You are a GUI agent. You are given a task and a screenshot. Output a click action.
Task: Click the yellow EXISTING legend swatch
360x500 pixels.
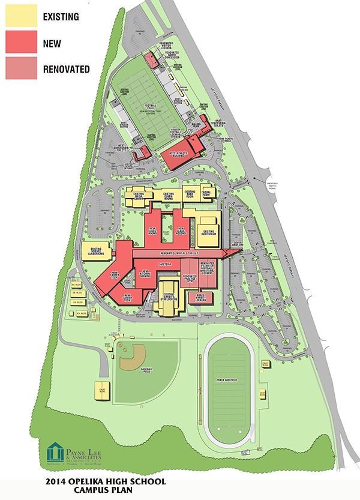coord(21,17)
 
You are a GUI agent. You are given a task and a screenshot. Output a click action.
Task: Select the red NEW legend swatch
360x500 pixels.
coord(21,43)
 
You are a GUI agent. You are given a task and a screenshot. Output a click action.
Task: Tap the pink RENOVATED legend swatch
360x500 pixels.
coord(21,68)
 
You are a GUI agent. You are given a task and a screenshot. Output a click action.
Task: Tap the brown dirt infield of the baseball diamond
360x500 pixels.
coord(131,362)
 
